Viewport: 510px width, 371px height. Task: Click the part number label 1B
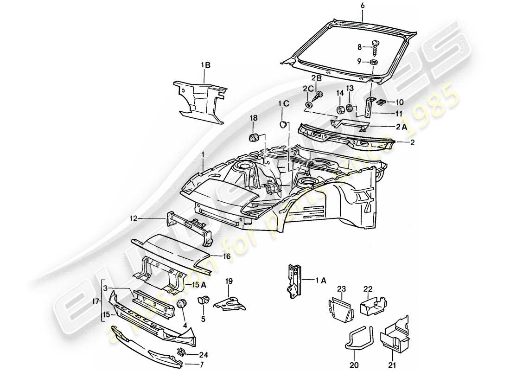[205, 65]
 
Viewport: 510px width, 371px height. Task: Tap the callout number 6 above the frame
[363, 6]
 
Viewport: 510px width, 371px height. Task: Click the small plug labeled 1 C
[282, 124]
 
